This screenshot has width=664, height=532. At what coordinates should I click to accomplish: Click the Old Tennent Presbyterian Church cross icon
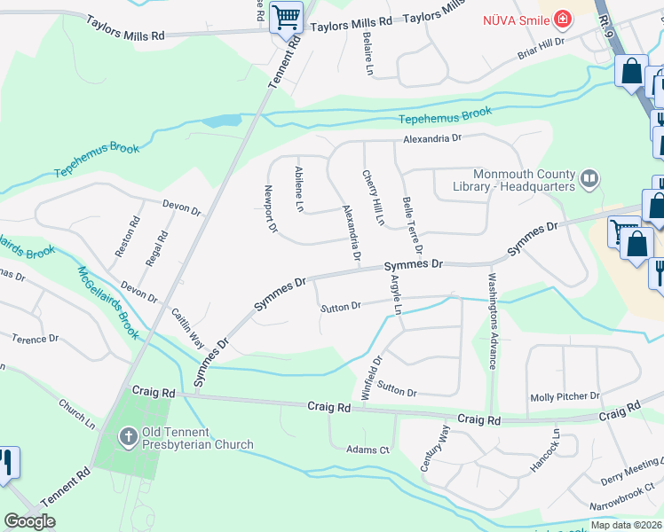click(128, 436)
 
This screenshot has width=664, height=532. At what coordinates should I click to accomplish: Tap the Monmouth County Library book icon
click(588, 180)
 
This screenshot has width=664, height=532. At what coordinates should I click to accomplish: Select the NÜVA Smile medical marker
click(561, 19)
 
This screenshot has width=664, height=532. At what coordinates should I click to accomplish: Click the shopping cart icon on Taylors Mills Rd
click(286, 16)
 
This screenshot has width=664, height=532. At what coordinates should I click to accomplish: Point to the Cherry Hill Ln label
click(373, 197)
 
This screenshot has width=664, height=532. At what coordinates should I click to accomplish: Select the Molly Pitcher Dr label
click(565, 397)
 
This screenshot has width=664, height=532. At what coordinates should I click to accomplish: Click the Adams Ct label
click(368, 450)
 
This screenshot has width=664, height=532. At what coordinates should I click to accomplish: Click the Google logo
click(29, 521)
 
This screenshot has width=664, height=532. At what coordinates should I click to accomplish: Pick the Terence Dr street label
click(36, 339)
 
